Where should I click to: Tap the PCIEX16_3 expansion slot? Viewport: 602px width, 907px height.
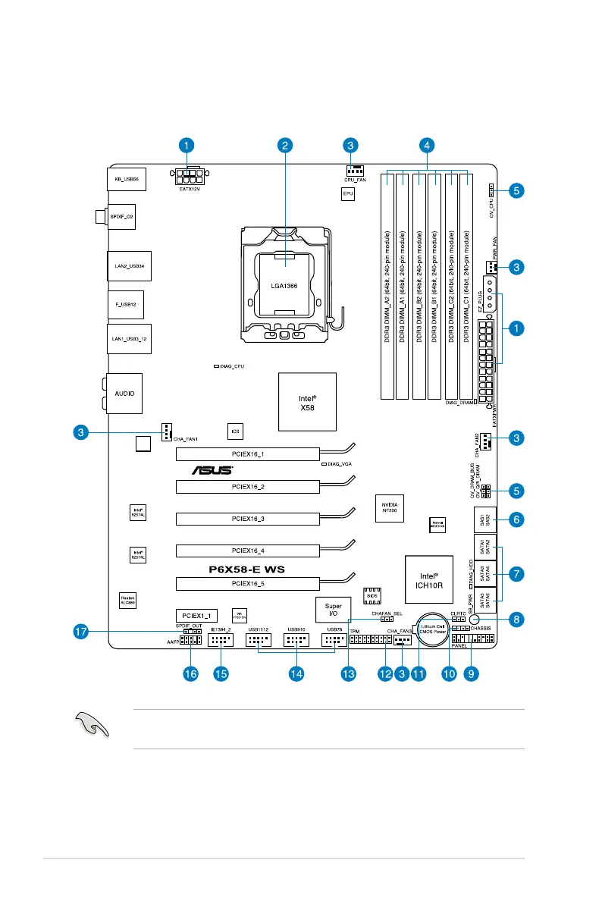248,519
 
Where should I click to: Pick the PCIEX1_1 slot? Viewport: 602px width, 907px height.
197,614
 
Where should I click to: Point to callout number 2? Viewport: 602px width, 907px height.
284,144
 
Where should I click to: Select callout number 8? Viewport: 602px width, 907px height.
516,619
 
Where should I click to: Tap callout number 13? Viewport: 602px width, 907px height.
349,673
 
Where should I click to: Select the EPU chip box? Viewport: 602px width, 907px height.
348,193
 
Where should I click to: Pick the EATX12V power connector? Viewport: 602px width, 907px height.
190,180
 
